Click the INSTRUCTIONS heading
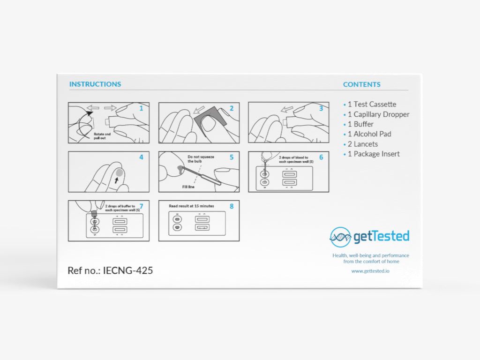(x=95, y=84)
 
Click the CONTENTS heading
(x=362, y=85)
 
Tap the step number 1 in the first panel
(x=141, y=108)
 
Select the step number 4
(x=141, y=157)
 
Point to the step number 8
(x=232, y=206)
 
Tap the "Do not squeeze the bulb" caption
(x=201, y=159)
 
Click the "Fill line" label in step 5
(x=189, y=186)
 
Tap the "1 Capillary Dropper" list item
(x=378, y=114)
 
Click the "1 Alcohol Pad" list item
(x=369, y=134)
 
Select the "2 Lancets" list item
(x=362, y=144)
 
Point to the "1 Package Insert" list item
(x=374, y=154)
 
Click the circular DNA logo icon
(x=340, y=237)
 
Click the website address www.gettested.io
(x=370, y=271)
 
